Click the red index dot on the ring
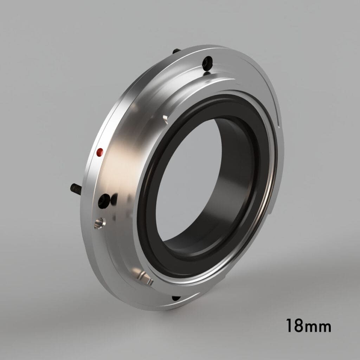(100, 152)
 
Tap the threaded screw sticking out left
(76, 189)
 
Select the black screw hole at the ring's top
(207, 62)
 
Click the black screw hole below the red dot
(104, 201)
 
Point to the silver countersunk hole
(99, 223)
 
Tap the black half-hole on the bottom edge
(176, 298)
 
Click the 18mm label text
(308, 326)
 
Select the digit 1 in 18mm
(289, 326)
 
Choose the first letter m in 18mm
(311, 327)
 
